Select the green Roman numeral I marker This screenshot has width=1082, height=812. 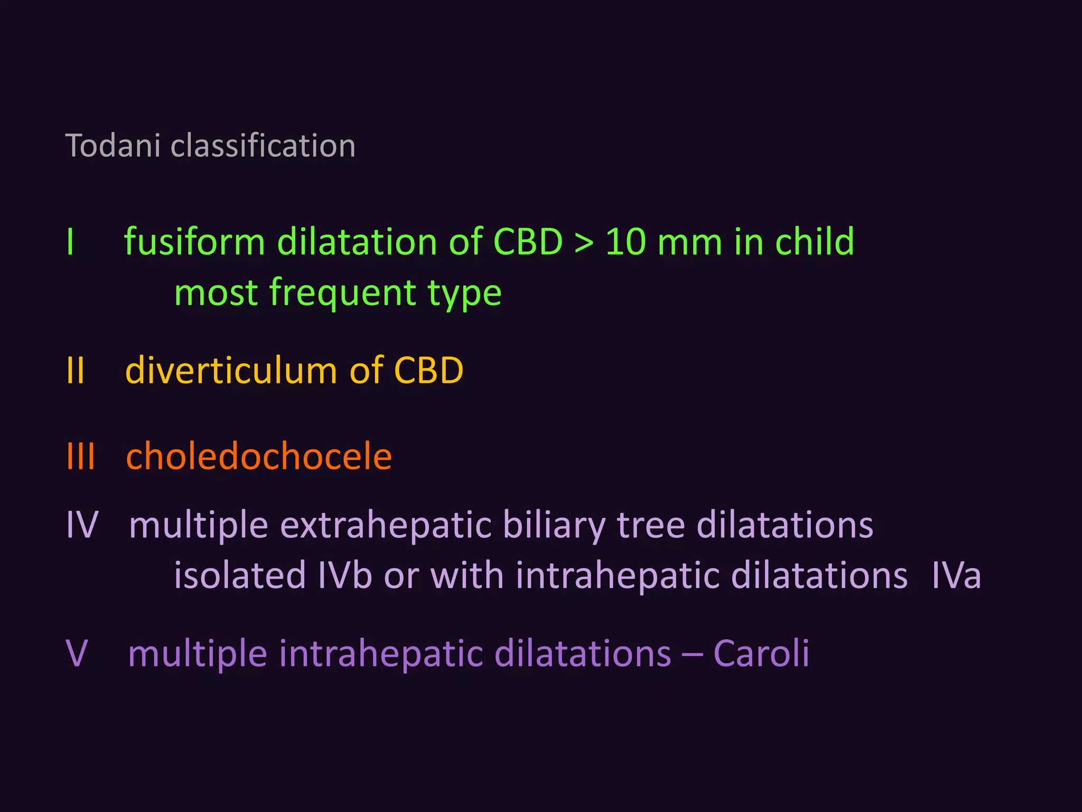coord(70,242)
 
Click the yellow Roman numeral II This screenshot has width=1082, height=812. coord(76,370)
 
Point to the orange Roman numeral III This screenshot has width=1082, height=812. coord(81,456)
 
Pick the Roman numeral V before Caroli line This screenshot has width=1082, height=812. coord(76,653)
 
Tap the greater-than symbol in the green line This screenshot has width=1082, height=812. coord(584,243)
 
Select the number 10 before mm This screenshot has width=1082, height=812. coord(626,242)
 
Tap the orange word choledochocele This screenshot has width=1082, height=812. coord(259,456)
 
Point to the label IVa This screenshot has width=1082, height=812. coord(956,575)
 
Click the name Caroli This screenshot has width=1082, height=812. coord(761,653)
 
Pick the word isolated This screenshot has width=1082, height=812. coord(240,575)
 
